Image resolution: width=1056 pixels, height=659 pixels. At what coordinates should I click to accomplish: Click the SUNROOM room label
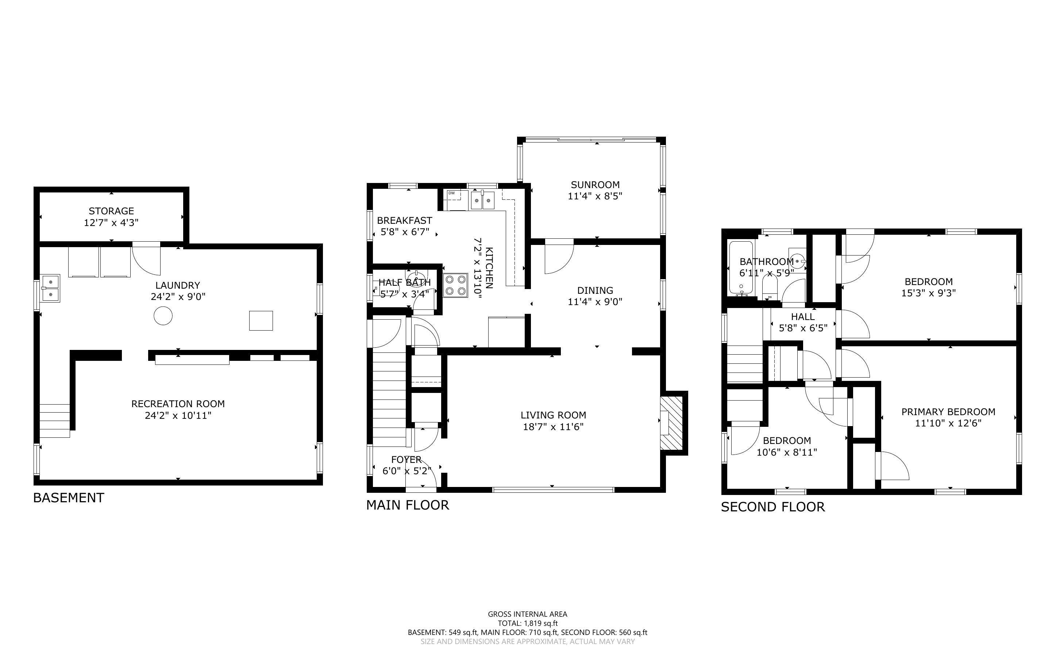[595, 185]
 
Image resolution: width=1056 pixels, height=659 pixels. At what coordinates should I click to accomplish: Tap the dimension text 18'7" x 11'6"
[553, 427]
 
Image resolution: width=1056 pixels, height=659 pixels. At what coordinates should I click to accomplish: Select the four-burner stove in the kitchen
[455, 285]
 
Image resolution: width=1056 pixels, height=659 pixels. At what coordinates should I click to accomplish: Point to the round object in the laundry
[163, 316]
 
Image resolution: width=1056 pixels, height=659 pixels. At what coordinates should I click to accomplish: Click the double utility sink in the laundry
[51, 289]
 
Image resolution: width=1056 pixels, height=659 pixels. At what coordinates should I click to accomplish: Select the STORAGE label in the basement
[111, 211]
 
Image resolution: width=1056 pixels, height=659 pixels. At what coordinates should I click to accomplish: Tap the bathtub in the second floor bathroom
[741, 268]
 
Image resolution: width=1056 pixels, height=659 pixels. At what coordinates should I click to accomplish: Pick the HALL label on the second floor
[802, 317]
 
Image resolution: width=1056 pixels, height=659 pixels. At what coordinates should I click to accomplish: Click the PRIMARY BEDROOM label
[948, 412]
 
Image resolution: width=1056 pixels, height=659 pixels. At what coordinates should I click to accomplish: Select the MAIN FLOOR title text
[407, 505]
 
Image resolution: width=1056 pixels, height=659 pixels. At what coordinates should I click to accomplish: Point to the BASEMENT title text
[69, 498]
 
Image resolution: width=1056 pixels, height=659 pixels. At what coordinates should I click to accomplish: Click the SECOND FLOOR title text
[772, 507]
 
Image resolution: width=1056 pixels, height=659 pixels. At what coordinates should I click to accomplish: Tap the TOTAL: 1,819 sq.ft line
[527, 623]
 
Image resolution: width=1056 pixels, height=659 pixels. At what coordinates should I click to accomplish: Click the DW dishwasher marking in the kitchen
[451, 193]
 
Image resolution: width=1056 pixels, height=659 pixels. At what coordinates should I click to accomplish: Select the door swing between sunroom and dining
[558, 257]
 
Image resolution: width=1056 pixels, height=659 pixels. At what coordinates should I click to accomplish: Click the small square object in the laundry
[261, 321]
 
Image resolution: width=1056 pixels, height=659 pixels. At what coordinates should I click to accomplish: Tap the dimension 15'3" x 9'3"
[928, 293]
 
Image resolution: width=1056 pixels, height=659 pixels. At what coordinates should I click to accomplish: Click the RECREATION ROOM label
[178, 404]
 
